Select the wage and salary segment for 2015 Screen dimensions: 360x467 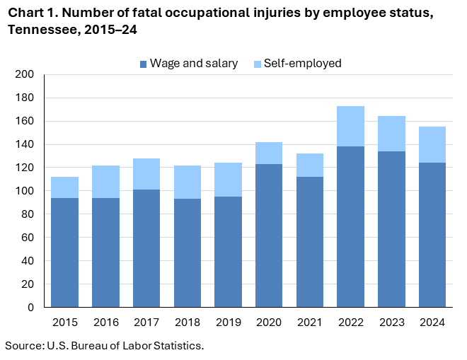pos(64,252)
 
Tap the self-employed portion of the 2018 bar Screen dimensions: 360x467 pos(187,182)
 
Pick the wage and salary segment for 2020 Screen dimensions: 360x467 pos(269,236)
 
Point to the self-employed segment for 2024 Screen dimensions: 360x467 pos(432,144)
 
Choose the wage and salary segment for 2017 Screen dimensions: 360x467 pos(146,248)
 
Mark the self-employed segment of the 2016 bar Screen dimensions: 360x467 pos(105,182)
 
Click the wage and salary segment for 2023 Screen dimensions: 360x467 pos(391,229)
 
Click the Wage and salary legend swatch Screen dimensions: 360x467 pos(144,64)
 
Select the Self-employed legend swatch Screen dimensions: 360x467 pos(257,64)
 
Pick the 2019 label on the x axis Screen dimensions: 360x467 pos(228,323)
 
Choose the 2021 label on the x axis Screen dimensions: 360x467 pos(309,323)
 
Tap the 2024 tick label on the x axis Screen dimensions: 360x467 pos(432,323)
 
